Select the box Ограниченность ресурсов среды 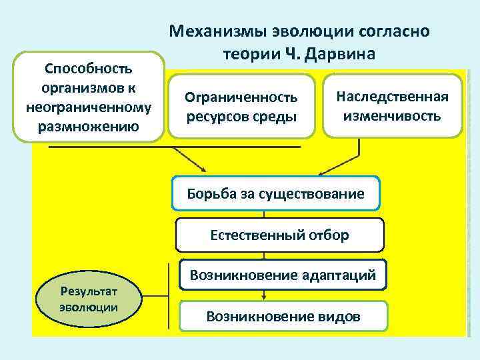241,107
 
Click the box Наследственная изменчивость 392,106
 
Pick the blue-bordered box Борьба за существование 275,194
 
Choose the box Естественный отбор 279,235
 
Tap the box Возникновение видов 283,316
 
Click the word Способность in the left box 88,69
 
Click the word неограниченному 88,107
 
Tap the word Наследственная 392,97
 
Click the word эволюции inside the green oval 89,307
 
